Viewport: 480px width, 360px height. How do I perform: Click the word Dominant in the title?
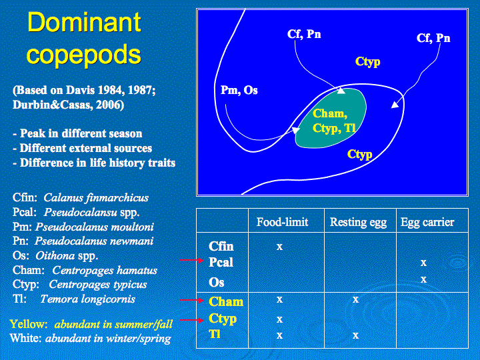click(x=84, y=22)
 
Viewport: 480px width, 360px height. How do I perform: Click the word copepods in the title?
click(x=83, y=55)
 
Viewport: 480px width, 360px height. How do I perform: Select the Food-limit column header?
click(x=282, y=222)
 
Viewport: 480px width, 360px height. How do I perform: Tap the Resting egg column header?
click(x=358, y=223)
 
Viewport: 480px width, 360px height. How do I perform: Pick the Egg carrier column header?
click(x=427, y=223)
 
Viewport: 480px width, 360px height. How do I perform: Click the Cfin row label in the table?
click(x=221, y=246)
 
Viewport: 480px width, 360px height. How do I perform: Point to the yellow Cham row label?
click(x=226, y=302)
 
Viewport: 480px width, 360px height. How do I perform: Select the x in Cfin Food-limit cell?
click(x=279, y=247)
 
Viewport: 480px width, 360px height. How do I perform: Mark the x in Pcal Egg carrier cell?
click(x=423, y=263)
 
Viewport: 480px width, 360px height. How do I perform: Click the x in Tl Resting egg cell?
click(x=355, y=335)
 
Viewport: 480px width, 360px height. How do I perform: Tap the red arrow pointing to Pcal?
click(x=192, y=260)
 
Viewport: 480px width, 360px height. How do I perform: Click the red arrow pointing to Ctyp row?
click(x=192, y=320)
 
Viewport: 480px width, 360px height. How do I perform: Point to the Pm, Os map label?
click(x=239, y=90)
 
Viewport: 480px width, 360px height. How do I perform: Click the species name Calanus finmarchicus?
click(x=96, y=198)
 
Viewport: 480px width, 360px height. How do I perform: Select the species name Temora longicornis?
click(x=87, y=299)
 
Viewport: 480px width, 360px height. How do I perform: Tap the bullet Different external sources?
click(x=83, y=148)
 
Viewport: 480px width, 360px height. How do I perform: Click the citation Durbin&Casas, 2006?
click(x=68, y=105)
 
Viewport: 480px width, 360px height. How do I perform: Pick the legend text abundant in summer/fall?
click(x=113, y=324)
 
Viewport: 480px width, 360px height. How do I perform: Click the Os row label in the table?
click(x=217, y=282)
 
